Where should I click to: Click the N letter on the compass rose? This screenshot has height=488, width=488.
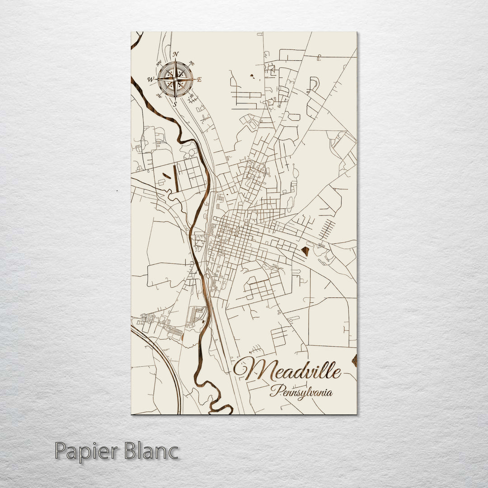pyautogui.click(x=175, y=53)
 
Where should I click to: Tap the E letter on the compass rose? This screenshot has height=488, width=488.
pyautogui.click(x=199, y=80)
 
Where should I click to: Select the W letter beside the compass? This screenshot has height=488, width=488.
pyautogui.click(x=150, y=80)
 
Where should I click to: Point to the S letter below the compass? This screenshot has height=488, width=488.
pyautogui.click(x=175, y=104)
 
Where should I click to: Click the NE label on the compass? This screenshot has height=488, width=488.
pyautogui.click(x=191, y=63)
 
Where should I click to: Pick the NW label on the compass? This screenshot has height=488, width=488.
pyautogui.click(x=159, y=63)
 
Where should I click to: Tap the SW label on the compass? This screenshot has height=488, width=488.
pyautogui.click(x=159, y=95)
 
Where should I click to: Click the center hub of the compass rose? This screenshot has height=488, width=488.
pyautogui.click(x=175, y=79)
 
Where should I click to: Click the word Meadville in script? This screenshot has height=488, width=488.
pyautogui.click(x=287, y=370)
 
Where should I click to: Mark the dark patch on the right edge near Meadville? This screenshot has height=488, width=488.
pyautogui.click(x=355, y=360)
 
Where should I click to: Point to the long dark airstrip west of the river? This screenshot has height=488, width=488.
pyautogui.click(x=174, y=182)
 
